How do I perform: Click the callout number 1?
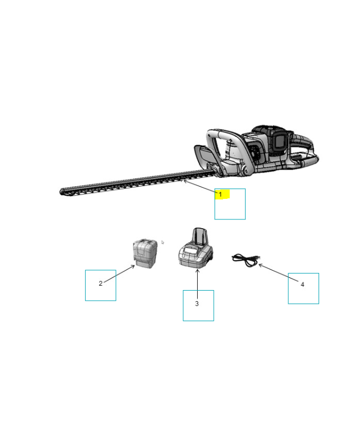pyautogui.click(x=220, y=194)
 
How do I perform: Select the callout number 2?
pyautogui.click(x=100, y=283)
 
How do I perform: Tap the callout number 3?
pyautogui.click(x=197, y=303)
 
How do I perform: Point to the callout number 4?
pyautogui.click(x=303, y=285)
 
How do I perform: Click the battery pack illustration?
pyautogui.click(x=145, y=254)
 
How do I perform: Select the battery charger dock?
pyautogui.click(x=196, y=248)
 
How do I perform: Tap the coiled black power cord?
pyautogui.click(x=246, y=260)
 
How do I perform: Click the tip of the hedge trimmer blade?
pyautogui.click(x=60, y=192)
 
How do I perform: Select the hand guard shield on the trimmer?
pyautogui.click(x=204, y=156)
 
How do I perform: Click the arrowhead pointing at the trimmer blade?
pyautogui.click(x=184, y=181)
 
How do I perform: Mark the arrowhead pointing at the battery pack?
pyautogui.click(x=133, y=266)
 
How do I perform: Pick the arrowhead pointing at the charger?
pyautogui.click(x=198, y=271)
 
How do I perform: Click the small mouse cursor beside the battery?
pyautogui.click(x=162, y=242)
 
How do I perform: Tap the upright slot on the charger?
pyautogui.click(x=200, y=237)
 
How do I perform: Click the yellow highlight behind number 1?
pyautogui.click(x=223, y=194)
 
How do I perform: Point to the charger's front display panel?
pyautogui.click(x=190, y=250)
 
